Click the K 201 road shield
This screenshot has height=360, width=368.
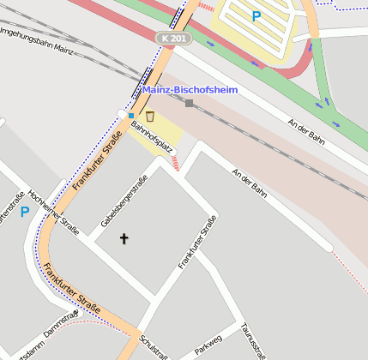pos(172,39)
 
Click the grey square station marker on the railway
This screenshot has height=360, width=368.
pos(190,104)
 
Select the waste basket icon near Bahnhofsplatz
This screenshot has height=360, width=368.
pos(149,116)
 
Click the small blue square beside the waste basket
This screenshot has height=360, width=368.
pos(130,115)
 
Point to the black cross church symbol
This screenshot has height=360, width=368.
pos(124,238)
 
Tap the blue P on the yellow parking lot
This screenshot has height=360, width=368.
pos(256,15)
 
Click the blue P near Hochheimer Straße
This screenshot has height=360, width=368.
pos(25,212)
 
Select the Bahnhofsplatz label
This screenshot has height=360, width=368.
pos(153,137)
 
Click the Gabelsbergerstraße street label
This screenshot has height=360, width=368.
pos(124,201)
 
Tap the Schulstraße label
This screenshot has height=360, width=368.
pos(153,345)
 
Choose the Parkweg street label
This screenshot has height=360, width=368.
pos(208,346)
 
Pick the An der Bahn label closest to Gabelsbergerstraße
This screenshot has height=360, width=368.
pos(249,183)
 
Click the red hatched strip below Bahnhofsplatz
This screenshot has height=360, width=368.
pos(173,162)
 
